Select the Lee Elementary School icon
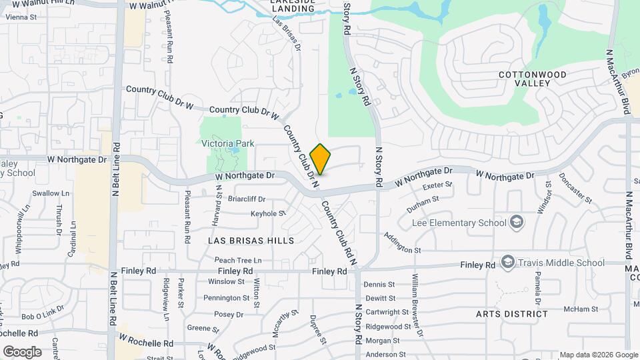point(515,222)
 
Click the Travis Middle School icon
point(508,263)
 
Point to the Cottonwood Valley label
point(533,78)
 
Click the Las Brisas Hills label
point(251,240)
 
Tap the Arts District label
point(512,313)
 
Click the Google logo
point(22,352)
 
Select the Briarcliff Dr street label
point(247,199)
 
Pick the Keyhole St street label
point(268,213)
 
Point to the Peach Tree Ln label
point(238,260)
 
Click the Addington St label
point(402,243)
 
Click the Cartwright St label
point(387,312)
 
